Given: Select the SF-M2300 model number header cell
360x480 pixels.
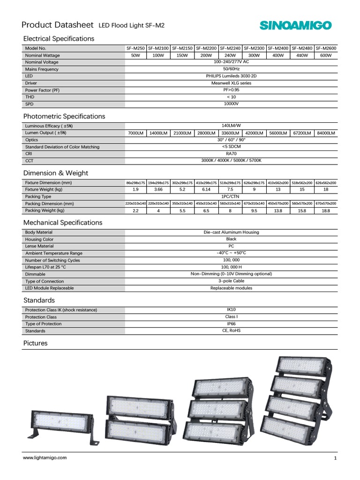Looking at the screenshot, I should [x=255, y=48].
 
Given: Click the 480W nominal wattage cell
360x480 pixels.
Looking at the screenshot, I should [x=302, y=55].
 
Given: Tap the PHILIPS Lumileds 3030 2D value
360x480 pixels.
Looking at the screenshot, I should [x=231, y=76].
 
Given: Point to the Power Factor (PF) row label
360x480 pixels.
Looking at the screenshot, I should [x=43, y=90].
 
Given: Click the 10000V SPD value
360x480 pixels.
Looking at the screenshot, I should [x=231, y=104].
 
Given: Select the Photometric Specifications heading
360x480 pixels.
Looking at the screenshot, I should [x=64, y=116].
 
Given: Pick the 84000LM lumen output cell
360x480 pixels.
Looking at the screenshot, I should [x=326, y=133].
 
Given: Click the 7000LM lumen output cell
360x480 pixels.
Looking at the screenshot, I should [x=135, y=133].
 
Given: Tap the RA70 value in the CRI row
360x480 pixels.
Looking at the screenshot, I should [x=231, y=153].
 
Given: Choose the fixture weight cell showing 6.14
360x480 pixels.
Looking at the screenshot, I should [x=207, y=189].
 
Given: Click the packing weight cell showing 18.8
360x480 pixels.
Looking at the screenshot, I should [x=326, y=211].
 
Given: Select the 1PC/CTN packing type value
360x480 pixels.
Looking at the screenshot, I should [x=231, y=197].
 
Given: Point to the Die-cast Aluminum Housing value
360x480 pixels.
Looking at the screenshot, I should [x=231, y=232].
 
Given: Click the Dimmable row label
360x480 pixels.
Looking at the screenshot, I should [x=36, y=274].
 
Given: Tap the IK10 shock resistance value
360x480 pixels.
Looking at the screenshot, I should [x=231, y=310].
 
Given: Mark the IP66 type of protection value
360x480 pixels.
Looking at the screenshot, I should [x=231, y=324].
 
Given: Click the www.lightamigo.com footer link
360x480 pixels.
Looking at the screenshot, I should [x=45, y=457].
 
